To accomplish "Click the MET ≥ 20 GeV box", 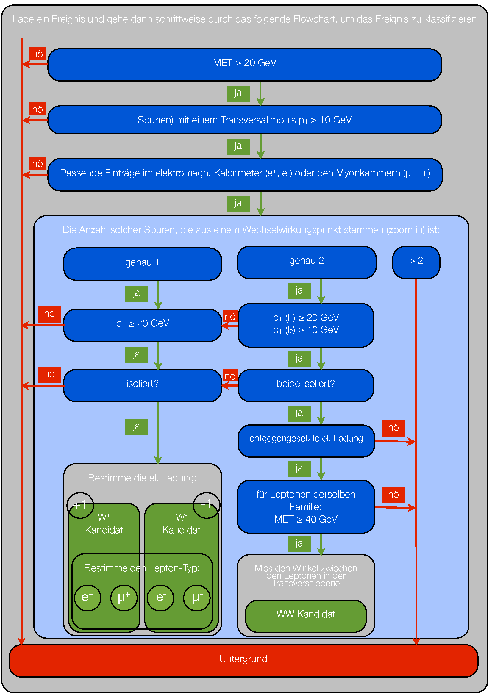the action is point(244,65).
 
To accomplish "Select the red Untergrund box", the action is point(243,661).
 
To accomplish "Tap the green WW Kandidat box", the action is point(306,616).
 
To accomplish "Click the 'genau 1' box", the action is point(143,264).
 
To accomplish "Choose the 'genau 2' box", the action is point(307,262).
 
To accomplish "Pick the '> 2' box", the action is point(416,262).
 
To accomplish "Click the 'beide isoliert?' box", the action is point(306,385).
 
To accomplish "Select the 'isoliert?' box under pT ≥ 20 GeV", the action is point(143,385).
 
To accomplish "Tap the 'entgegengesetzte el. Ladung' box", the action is point(306,441).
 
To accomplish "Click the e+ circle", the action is point(88,598).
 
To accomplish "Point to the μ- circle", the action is point(197,598).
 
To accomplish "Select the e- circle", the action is point(160,598).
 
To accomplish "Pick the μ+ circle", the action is point(124,598).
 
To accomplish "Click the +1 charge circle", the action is point(80,505).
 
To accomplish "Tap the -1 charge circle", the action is point(207,505).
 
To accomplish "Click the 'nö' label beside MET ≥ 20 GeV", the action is point(38,54).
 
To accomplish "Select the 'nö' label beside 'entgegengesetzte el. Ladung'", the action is point(393,428).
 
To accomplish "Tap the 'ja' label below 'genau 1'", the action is point(136,293).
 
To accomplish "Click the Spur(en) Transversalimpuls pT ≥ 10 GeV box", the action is point(244,120).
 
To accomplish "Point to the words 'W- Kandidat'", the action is point(181,523).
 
